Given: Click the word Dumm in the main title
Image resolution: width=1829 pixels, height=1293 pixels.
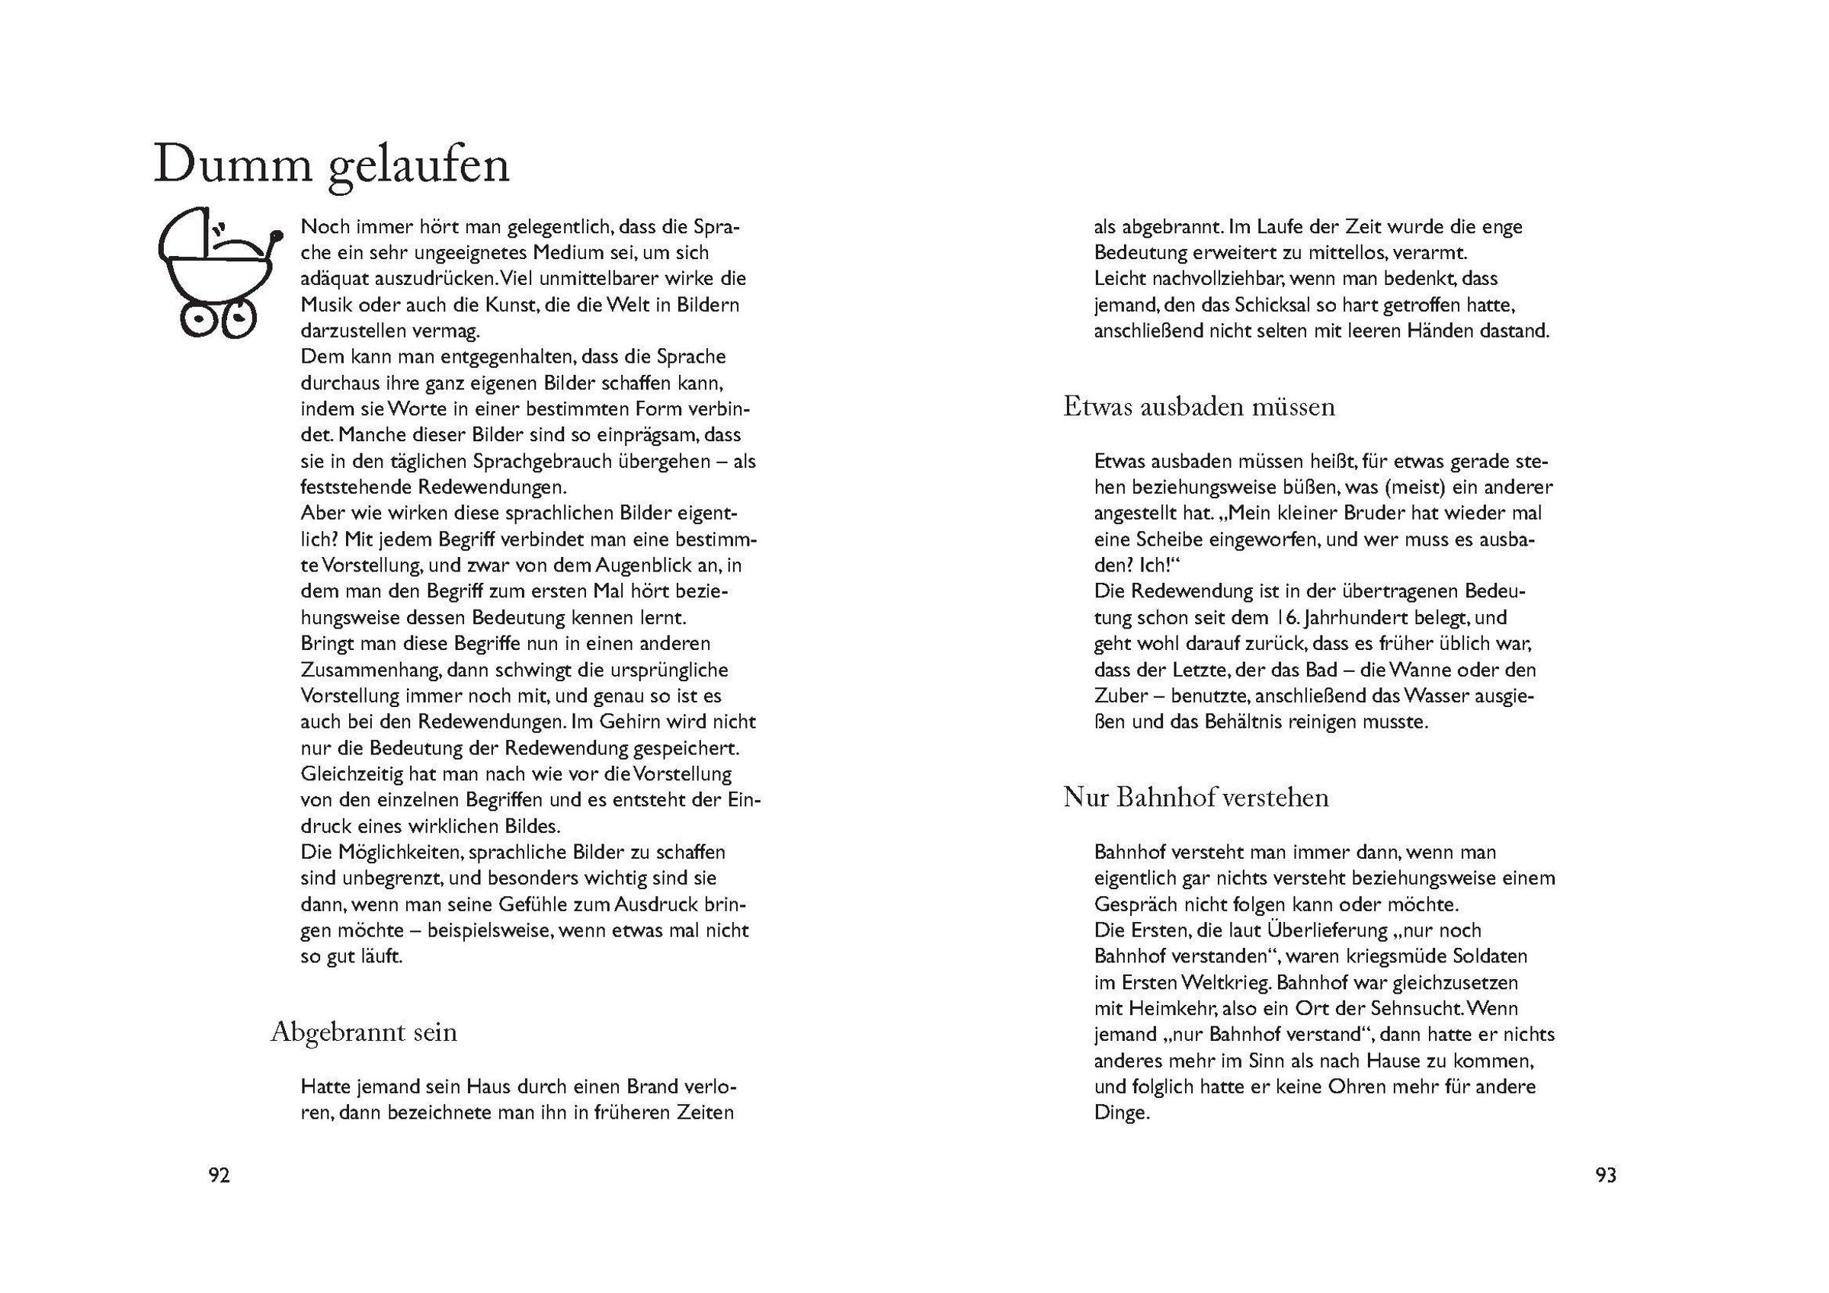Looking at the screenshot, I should coord(232,165).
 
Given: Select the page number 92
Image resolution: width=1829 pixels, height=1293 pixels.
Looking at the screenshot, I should coord(219,1175).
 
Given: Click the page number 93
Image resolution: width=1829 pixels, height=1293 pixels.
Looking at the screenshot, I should coord(1606,1175).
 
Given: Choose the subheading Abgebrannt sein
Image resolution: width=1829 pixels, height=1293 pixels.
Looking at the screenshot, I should coord(364,1032).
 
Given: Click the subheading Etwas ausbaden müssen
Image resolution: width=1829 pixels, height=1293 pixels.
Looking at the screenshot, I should coord(1199,406).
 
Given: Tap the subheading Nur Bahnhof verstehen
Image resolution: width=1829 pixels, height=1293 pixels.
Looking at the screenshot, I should coord(1196,797).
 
